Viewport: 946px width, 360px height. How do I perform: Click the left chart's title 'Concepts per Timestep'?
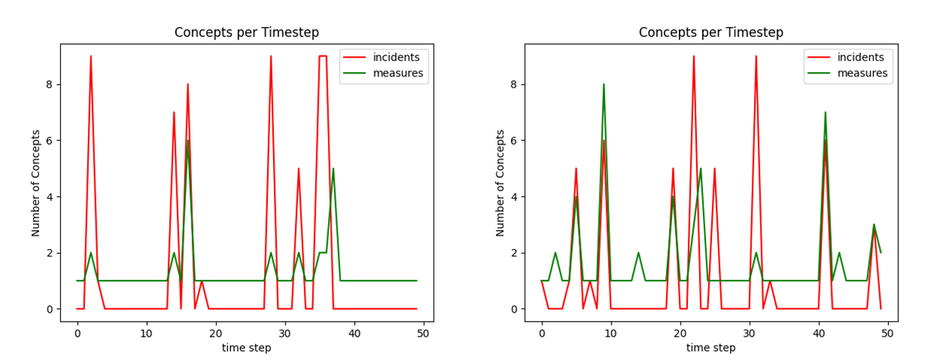coord(247,32)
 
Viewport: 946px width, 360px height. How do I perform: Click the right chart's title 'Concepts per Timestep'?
coord(711,32)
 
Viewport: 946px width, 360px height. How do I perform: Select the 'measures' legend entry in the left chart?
coord(398,73)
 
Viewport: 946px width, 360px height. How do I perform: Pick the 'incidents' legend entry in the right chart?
coord(860,57)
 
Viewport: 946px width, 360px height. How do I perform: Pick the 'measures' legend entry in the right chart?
coord(862,73)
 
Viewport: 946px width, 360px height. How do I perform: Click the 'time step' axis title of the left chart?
coord(247,347)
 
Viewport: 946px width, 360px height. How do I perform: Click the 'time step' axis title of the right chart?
coord(711,347)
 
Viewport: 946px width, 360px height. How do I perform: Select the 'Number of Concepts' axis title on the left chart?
coord(36,182)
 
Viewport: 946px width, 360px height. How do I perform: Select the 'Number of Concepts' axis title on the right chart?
coord(500,182)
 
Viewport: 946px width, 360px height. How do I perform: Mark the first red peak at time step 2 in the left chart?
coord(91,56)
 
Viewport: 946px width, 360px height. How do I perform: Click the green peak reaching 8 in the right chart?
coord(603,84)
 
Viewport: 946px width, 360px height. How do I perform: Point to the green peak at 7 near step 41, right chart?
coord(825,112)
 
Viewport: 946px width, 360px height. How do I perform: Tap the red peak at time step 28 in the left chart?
coord(271,56)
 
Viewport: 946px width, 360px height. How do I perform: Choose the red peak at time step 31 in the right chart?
coord(756,56)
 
